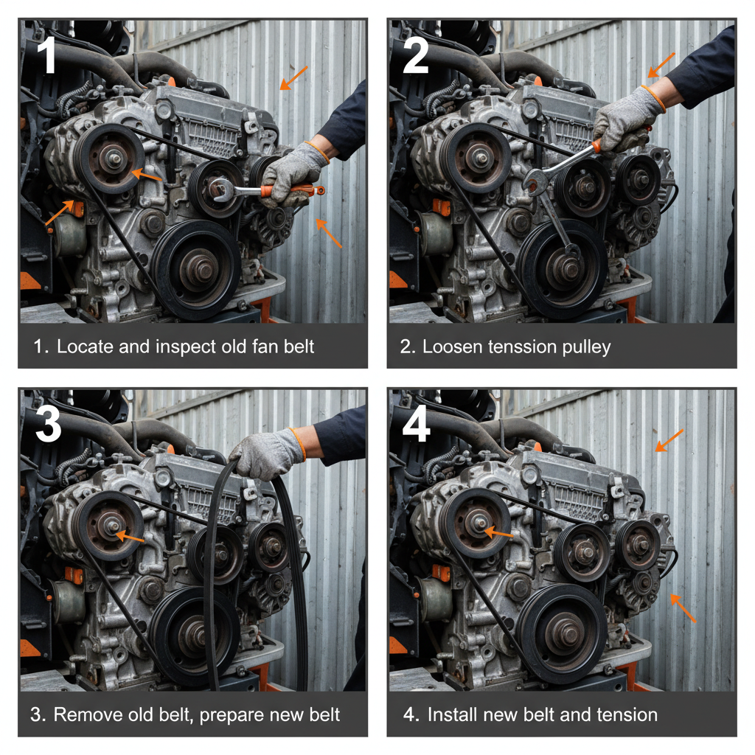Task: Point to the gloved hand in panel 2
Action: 627,118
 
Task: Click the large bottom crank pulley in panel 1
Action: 195,269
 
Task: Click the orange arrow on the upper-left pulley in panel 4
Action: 501,532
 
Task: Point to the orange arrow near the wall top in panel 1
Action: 293,77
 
